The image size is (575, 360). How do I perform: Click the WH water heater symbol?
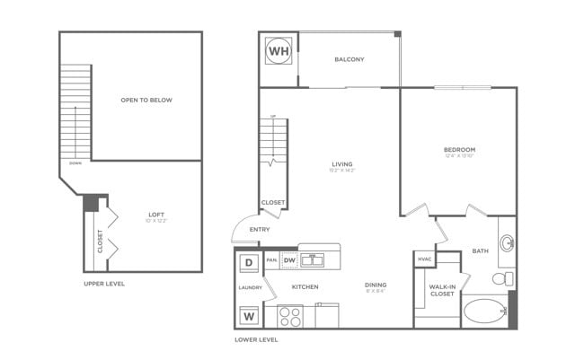pos(278,51)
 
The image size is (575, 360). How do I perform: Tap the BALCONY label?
pos(349,60)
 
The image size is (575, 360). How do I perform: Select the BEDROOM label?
pos(459,149)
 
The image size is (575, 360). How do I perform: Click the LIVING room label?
pos(342,163)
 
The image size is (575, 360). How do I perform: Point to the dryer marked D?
pos(249,263)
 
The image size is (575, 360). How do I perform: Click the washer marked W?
pos(249,315)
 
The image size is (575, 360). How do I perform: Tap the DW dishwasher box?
pos(289,260)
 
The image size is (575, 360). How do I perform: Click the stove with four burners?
pos(290,316)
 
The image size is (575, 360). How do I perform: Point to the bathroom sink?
pos(508,241)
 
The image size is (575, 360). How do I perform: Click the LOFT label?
pos(157,215)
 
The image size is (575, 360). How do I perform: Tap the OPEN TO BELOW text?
pos(146,100)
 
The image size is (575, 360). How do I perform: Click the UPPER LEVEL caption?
pos(103,284)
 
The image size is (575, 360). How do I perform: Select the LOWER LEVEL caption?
pos(256,340)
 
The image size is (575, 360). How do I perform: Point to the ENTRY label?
pos(260,230)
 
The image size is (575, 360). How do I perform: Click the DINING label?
pos(376,286)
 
